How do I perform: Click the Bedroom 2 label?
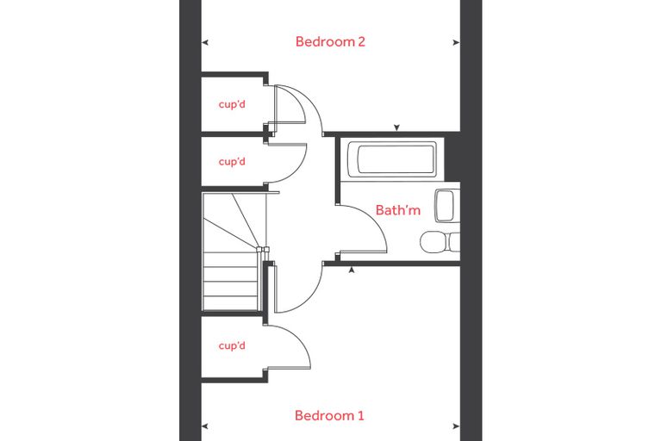point(330,41)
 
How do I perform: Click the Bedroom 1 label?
point(329,415)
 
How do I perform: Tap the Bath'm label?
point(397,209)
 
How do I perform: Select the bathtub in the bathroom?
point(392,158)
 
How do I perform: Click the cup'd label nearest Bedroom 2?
point(232,104)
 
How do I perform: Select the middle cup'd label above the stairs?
point(232,161)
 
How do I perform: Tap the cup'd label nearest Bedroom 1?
point(232,345)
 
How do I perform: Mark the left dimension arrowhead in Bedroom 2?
point(205,42)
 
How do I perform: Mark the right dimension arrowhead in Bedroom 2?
point(457,42)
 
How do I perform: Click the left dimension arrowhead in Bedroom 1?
point(205,426)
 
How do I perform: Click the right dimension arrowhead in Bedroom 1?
point(457,426)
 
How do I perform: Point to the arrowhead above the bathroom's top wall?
point(396,127)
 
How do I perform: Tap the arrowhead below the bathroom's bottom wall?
point(352,270)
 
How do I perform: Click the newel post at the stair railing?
point(263,250)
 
